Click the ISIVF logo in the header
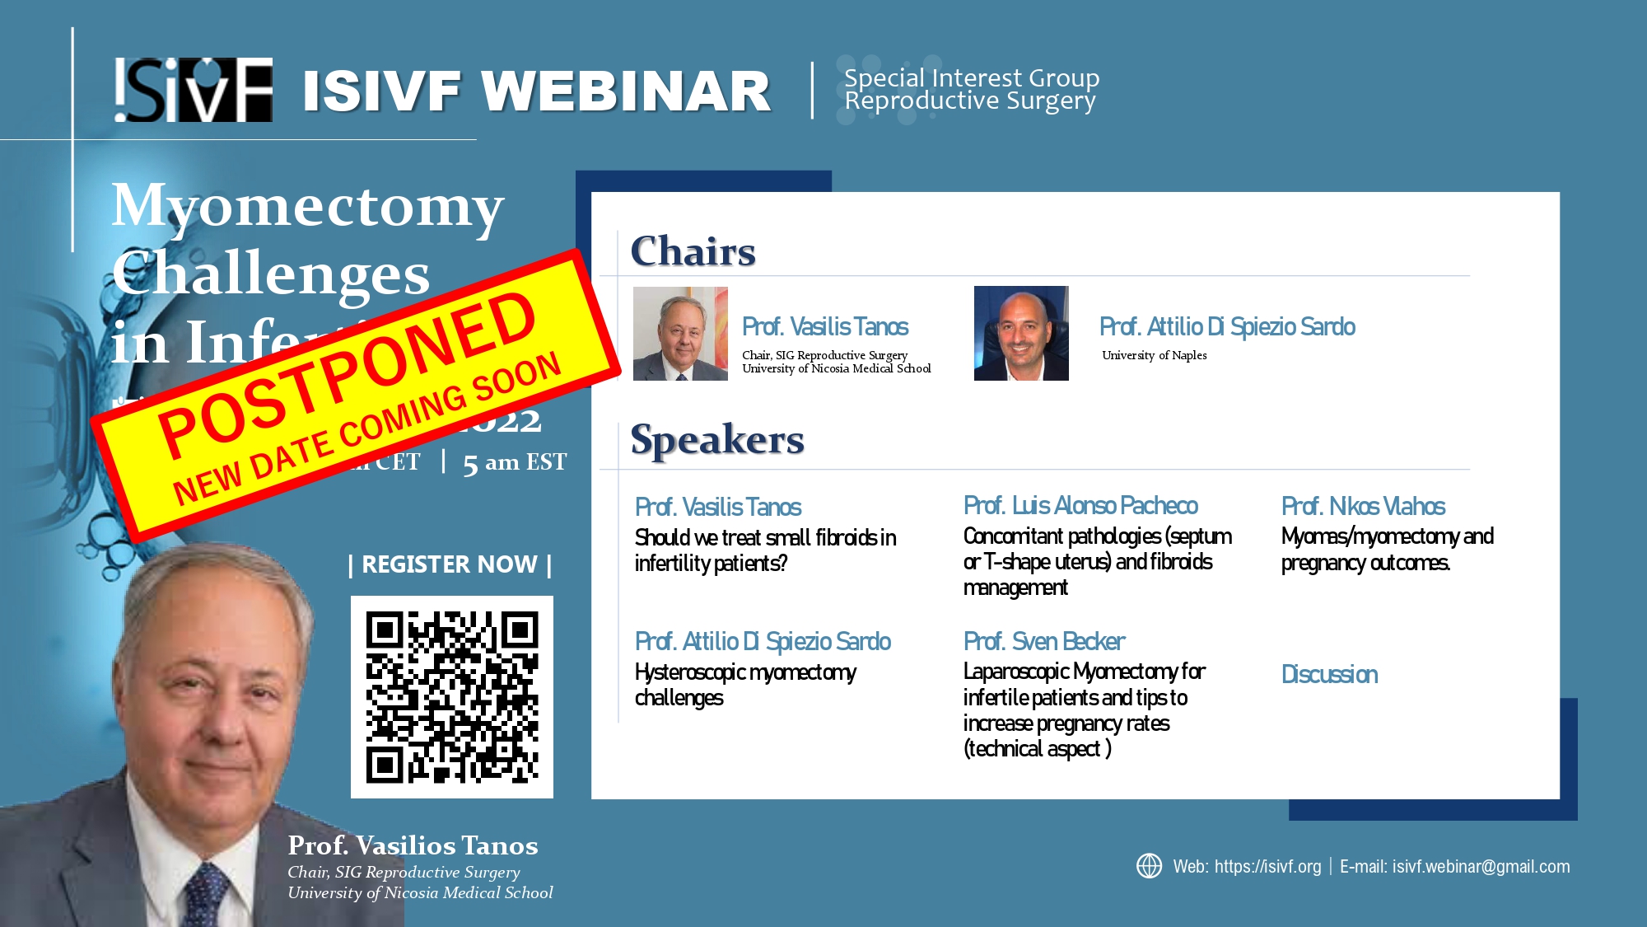194,90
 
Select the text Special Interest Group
972,78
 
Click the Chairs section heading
693,251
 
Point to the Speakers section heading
716,439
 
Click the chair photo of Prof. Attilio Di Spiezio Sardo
1021,333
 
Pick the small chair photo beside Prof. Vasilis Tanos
680,333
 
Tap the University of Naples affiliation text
1154,355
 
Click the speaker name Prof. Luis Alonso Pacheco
1080,505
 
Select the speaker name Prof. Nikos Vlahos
1363,506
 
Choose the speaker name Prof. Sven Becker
1043,641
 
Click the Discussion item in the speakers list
1329,674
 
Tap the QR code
452,697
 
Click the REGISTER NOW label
450,564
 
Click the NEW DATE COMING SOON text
367,428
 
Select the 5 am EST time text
515,462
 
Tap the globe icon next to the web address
1149,866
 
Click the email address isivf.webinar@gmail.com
1480,867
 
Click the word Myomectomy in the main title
308,205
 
